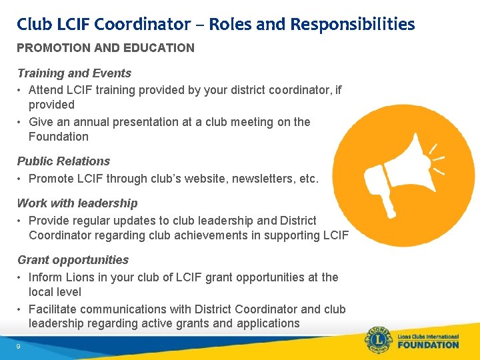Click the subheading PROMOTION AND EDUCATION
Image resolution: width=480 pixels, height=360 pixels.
coord(105,48)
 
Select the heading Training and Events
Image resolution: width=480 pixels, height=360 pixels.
coord(74,73)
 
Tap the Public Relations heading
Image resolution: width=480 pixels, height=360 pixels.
coord(63,161)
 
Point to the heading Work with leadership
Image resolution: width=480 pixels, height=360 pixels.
coord(77,203)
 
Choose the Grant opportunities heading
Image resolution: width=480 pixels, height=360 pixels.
coord(73,260)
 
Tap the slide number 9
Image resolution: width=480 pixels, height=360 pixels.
coord(19,347)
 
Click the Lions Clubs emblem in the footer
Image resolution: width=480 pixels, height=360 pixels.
coord(379,340)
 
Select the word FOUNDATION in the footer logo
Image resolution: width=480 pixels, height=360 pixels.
coord(429,345)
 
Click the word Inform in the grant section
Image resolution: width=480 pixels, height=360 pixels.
coord(45,277)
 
